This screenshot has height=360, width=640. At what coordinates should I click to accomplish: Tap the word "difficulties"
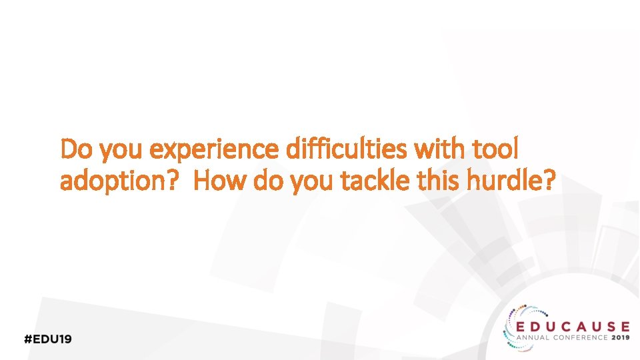pos(347,150)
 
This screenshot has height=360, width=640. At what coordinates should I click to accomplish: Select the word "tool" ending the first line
pos(495,150)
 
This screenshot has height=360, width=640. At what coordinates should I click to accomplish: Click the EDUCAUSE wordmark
pos(573,326)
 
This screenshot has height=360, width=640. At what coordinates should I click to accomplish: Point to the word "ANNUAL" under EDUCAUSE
pos(534,338)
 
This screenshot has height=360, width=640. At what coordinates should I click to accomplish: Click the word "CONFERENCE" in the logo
pos(579,338)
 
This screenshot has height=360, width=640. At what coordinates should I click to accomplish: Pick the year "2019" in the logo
pos(620,338)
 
